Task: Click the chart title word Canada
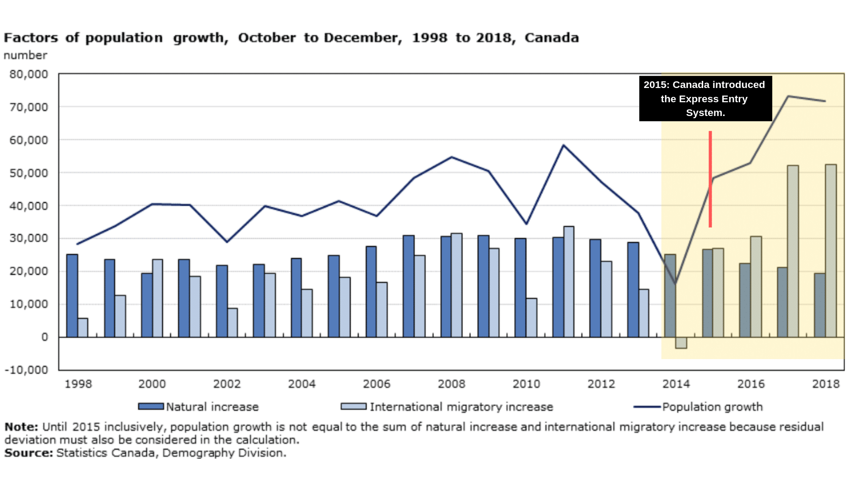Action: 552,38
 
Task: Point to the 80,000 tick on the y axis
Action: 29,74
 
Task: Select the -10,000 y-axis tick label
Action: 26,370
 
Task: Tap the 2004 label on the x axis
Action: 302,384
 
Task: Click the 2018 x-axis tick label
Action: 826,384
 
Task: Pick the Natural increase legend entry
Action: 198,407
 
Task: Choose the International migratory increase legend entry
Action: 447,407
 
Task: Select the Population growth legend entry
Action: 698,407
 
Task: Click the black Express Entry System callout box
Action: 705,99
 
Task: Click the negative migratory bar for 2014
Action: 681,343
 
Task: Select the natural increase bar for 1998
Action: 72,296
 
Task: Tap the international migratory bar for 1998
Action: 83,328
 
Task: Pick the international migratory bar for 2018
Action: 831,251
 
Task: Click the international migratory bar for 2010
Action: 532,318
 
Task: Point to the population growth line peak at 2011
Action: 564,145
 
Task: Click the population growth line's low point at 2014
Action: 676,283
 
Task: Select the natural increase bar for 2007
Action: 408,286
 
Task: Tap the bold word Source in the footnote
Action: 28,453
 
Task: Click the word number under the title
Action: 25,56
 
